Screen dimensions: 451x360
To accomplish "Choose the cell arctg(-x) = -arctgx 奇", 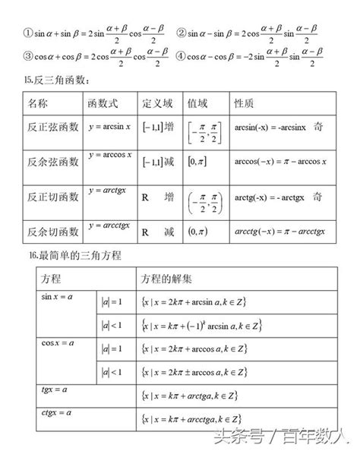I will [x=279, y=196].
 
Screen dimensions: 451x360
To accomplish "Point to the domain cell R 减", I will [x=158, y=230].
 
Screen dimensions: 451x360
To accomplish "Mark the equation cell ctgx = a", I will [x=56, y=412].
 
